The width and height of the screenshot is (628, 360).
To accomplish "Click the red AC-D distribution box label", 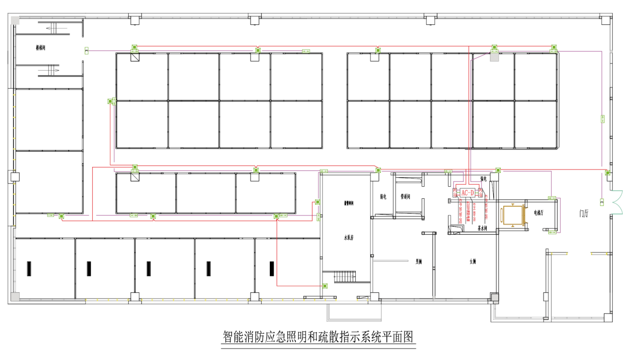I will (x=467, y=192).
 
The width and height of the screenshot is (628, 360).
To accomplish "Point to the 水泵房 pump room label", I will (x=348, y=237).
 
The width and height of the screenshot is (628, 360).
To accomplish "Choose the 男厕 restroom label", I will (x=419, y=262).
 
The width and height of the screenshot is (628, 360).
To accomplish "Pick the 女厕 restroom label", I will (x=473, y=262).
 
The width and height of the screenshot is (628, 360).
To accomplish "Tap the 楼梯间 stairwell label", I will (x=40, y=48).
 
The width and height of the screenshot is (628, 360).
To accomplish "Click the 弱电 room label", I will (x=383, y=196).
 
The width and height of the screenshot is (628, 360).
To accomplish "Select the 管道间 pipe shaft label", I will (x=405, y=196).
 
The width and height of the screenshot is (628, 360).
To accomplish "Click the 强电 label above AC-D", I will (x=483, y=179).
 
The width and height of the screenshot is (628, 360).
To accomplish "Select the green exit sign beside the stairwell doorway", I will (x=86, y=50).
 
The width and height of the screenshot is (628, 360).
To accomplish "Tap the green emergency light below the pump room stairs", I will (x=325, y=286).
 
